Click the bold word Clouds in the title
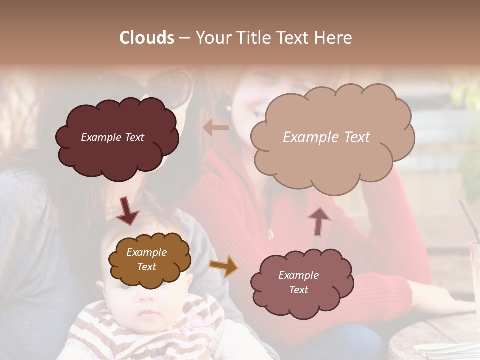pyautogui.click(x=147, y=38)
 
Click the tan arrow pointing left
pyautogui.click(x=216, y=128)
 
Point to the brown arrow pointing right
pyautogui.click(x=223, y=266)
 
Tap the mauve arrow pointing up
pyautogui.click(x=319, y=221)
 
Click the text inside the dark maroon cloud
pyautogui.click(x=112, y=137)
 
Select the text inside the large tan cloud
pyautogui.click(x=326, y=137)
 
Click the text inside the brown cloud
pyautogui.click(x=146, y=260)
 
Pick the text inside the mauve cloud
pyautogui.click(x=298, y=282)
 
